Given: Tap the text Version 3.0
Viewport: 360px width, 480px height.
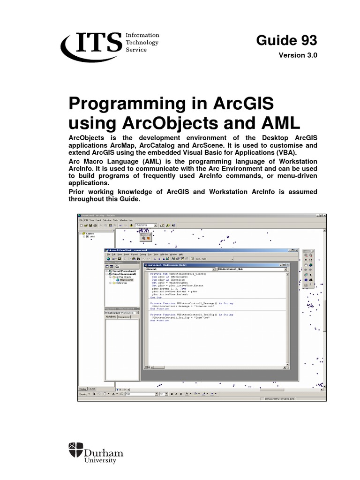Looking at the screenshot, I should point(298,55).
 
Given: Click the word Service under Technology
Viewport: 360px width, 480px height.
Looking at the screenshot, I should point(136,49).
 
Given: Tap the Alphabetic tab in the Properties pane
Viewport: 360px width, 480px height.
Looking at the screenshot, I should point(110,317).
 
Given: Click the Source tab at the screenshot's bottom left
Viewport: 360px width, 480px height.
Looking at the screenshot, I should point(91,389).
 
